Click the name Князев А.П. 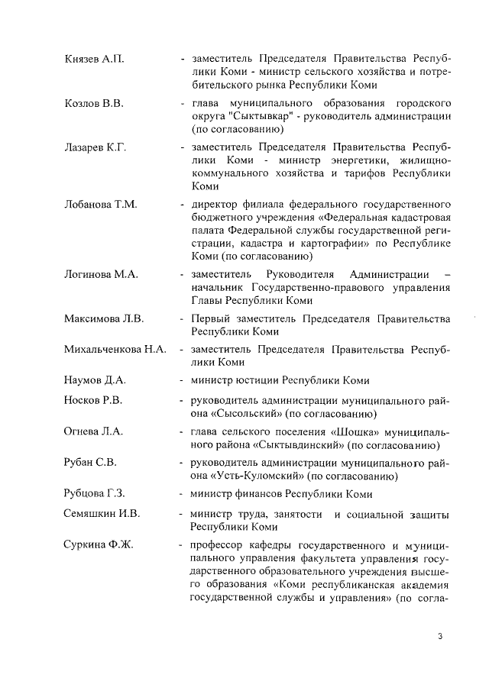coord(93,59)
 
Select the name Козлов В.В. coord(93,102)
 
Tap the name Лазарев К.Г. coord(95,147)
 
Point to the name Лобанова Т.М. coord(100,205)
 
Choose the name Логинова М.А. coord(100,274)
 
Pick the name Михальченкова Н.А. coord(115,350)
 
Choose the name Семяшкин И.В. coord(102,513)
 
